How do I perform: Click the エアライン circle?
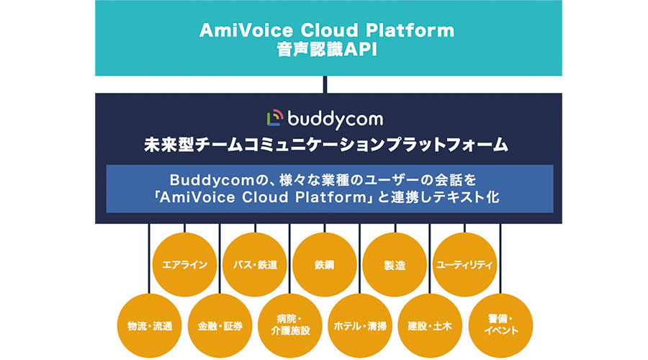(x=185, y=264)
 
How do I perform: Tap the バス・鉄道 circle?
(x=255, y=264)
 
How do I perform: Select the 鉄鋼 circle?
(x=325, y=264)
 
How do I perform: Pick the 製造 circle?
(x=395, y=264)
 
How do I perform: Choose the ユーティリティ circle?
(x=464, y=264)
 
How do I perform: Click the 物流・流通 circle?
(x=150, y=325)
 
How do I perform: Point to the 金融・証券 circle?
(x=220, y=325)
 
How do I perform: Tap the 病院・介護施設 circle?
(x=290, y=325)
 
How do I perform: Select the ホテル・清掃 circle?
(x=360, y=325)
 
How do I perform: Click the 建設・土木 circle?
(x=430, y=325)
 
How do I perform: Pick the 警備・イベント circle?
(x=500, y=325)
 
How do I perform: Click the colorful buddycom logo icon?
(x=275, y=118)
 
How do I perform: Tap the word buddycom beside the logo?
(x=335, y=120)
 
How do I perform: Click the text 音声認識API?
(x=327, y=50)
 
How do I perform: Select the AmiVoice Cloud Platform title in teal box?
(x=327, y=30)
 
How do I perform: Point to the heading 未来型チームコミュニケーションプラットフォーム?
(x=326, y=145)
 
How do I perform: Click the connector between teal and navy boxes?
(x=325, y=84)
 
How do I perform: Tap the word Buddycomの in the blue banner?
(x=220, y=180)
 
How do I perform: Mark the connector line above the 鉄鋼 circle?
(x=325, y=228)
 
